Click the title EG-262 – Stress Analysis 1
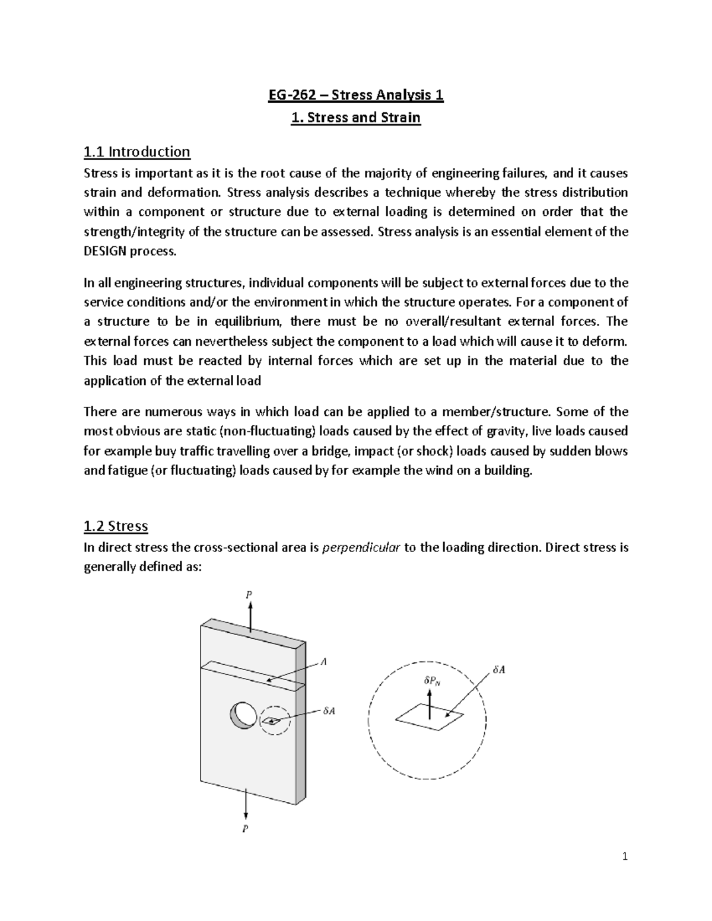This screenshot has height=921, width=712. (355, 95)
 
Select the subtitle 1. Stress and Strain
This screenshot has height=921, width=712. (355, 117)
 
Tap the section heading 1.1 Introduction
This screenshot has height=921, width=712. (136, 152)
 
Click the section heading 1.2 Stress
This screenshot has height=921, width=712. (116, 526)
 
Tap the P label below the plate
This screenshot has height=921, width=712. (244, 829)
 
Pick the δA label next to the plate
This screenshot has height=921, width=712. (329, 711)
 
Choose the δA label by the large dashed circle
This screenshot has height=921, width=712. (499, 670)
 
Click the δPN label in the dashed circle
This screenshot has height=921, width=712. (432, 681)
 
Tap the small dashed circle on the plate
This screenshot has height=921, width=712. (274, 721)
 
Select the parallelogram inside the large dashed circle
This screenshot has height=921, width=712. (430, 718)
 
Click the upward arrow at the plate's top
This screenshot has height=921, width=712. (250, 617)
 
